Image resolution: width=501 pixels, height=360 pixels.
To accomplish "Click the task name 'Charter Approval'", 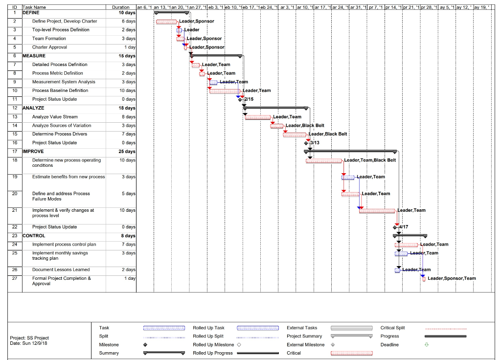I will coord(49,47).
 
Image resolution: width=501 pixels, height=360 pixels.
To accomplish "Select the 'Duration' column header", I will coord(121,7).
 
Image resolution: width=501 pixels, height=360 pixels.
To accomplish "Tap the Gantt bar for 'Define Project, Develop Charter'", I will coord(166,22).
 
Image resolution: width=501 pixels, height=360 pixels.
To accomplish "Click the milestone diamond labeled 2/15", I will coord(240,99).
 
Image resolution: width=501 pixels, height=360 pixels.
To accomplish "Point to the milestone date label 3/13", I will coord(315,143).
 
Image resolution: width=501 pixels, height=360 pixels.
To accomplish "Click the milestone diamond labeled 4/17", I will coord(395,227).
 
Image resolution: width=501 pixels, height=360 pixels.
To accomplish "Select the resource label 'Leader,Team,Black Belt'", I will coord(370,160).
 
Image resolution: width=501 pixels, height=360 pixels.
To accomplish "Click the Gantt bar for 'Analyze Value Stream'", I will coord(258,117).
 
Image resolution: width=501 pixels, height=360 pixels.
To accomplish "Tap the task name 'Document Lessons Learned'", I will coord(61,270).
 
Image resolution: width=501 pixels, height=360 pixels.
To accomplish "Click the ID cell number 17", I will coord(15,152).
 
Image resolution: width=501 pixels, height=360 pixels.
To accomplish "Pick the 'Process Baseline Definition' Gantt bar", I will coord(225,91).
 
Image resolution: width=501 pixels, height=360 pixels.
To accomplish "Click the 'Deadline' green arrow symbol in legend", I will coord(426,345).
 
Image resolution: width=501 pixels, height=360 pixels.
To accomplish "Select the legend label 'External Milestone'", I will coord(305,345).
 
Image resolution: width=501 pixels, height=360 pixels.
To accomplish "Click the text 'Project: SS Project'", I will coord(29,338).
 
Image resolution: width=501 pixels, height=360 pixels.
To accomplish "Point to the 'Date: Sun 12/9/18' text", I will coord(28,343).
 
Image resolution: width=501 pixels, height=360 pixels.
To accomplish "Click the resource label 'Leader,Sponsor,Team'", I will coord(452,278).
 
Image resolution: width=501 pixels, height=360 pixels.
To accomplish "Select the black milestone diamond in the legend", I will coord(145,345).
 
